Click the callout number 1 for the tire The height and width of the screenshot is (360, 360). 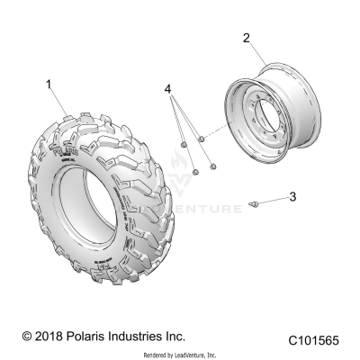pos(49,84)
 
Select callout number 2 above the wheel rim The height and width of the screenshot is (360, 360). pos(246,38)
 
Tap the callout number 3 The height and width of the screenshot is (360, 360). pos(291,195)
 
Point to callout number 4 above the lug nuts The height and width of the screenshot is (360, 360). pos(167,88)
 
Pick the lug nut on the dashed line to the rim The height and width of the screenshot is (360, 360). pos(202,138)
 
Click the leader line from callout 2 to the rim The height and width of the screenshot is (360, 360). pos(253,53)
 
